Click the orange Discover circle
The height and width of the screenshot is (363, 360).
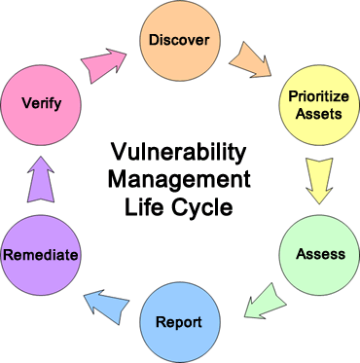(180, 40)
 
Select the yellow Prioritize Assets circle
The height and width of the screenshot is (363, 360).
(319, 105)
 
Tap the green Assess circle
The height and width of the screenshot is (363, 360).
(319, 255)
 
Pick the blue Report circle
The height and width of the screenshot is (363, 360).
(180, 322)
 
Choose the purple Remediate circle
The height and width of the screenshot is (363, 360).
(41, 255)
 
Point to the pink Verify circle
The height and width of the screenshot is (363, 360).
(41, 105)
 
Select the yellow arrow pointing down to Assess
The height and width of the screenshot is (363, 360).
(319, 180)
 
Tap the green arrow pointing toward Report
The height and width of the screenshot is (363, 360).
(265, 301)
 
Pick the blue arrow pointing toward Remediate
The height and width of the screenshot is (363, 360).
(107, 306)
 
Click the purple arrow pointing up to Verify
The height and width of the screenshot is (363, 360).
(41, 179)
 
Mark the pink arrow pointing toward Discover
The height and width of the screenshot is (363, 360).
(104, 65)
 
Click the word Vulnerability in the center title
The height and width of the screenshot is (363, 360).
(178, 154)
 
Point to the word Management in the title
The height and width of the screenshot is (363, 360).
(179, 179)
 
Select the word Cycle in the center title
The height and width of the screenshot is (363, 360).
(202, 207)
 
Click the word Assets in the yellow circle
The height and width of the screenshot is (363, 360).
(319, 114)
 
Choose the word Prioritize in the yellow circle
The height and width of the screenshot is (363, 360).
(318, 96)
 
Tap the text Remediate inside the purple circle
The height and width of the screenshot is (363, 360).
(41, 255)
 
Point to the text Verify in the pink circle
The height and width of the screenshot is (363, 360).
(42, 104)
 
